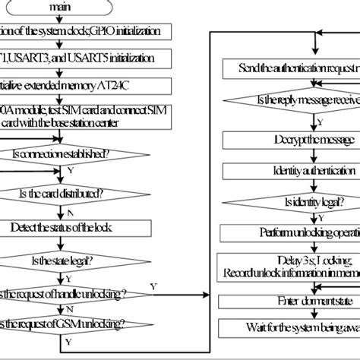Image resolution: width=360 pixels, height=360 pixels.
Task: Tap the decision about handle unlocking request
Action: (x=76, y=294)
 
